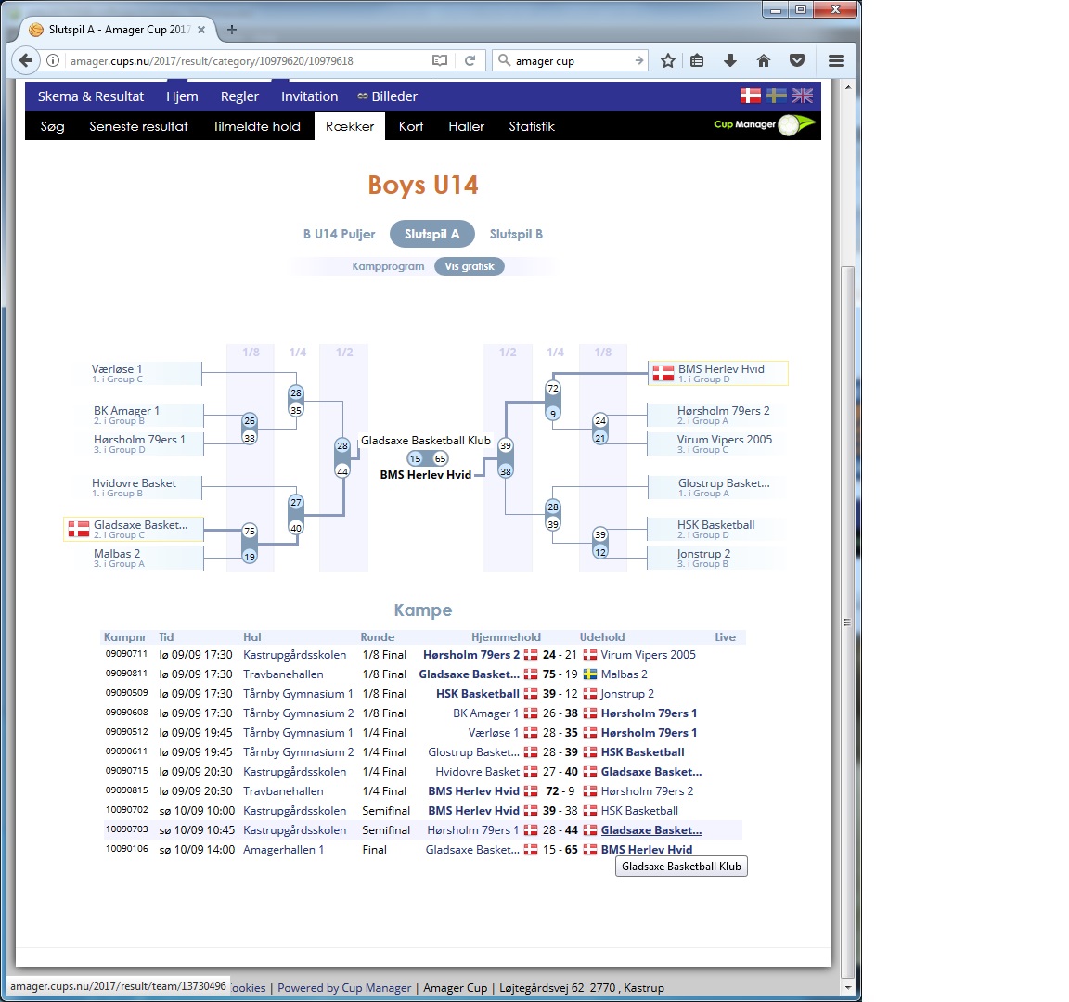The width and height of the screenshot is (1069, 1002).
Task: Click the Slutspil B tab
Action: point(516,234)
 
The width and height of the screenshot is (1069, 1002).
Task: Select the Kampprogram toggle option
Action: point(388,266)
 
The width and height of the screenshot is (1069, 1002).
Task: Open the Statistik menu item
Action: point(532,126)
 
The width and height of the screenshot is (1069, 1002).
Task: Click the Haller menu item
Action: point(467,126)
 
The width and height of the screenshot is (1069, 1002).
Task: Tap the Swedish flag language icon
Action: point(776,96)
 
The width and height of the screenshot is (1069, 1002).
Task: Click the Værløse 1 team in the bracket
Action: point(117,368)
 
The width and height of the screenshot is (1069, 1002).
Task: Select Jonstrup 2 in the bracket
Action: point(703,554)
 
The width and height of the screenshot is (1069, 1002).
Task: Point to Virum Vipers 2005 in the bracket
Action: point(725,440)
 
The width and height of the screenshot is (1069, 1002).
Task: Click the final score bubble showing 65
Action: point(441,458)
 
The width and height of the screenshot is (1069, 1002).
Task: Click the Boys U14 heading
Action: point(423,185)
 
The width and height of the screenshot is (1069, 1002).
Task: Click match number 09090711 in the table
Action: point(126,654)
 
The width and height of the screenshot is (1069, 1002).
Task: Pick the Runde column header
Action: point(378,637)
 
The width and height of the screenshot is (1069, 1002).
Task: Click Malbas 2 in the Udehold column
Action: point(624,674)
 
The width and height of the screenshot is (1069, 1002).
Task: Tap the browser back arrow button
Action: point(25,60)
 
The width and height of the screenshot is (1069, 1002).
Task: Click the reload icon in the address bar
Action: point(470,60)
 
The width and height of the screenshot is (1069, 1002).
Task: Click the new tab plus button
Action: point(232,30)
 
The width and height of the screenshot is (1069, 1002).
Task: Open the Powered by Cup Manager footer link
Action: point(344,988)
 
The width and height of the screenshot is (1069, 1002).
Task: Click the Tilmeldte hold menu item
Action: point(256,126)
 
